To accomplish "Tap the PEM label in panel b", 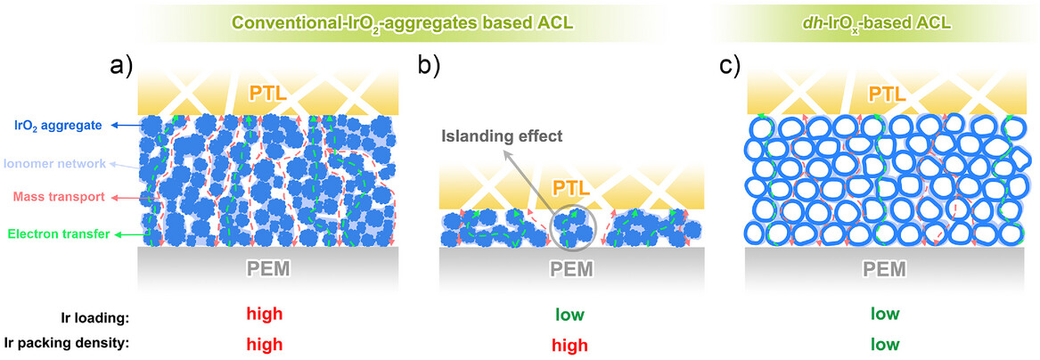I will click(570, 266).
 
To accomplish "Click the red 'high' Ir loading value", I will click(265, 314).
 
